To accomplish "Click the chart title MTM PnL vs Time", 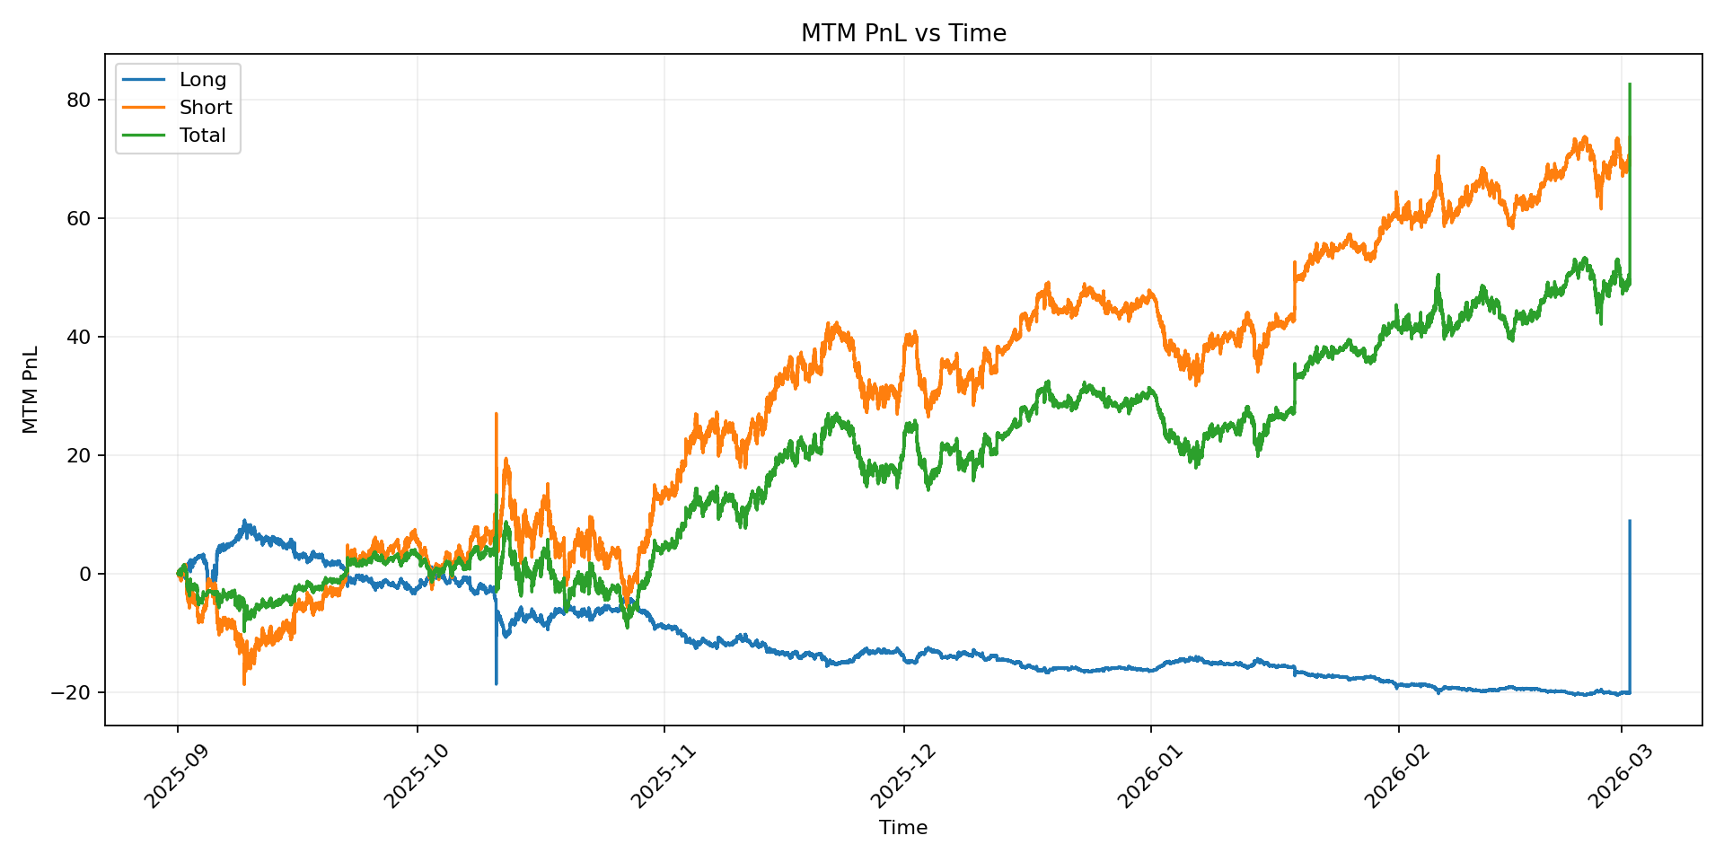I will (x=903, y=33).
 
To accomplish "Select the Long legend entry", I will (x=202, y=79).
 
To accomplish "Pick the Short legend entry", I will (x=205, y=108).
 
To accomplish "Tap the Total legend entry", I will (x=202, y=136).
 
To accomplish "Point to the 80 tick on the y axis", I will (x=79, y=100).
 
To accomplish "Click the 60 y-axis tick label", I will (x=79, y=218).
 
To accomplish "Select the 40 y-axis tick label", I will (x=79, y=337).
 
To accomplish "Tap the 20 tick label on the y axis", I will (x=79, y=455).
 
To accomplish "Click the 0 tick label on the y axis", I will (x=85, y=574).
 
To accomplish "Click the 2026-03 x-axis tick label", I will (x=1617, y=778).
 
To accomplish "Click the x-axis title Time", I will (x=903, y=828).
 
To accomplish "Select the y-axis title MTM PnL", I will (x=31, y=390).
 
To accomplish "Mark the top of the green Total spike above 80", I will (x=1630, y=84).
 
